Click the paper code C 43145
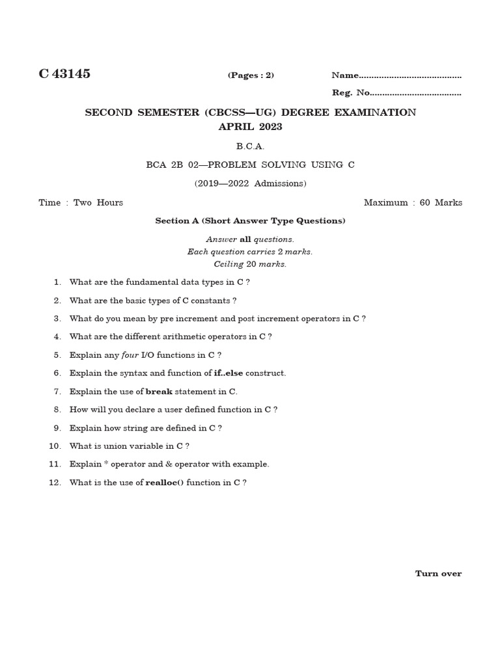64,74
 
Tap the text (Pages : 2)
251,75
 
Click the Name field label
345,75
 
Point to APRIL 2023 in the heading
250,127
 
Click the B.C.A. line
250,146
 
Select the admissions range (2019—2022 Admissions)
250,183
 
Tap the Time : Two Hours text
81,202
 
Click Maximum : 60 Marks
413,202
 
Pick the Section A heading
250,220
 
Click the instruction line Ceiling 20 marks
250,264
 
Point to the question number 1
57,282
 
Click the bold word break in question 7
159,392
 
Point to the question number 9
57,428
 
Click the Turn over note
438,573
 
